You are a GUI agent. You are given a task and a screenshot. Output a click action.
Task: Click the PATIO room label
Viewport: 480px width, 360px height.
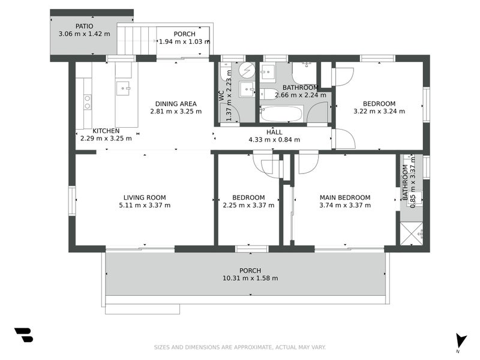85,26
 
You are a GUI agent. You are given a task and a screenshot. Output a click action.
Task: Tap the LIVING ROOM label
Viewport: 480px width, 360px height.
145,198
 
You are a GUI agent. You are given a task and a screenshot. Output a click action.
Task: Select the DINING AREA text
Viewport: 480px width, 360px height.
176,104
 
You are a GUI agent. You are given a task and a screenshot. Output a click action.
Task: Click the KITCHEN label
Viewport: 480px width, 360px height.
106,131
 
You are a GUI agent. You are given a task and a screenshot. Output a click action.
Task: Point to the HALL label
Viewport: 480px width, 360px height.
274,132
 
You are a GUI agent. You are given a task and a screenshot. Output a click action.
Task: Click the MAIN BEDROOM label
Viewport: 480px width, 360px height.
346,198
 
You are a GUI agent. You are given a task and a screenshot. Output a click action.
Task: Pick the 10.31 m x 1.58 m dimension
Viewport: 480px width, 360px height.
250,278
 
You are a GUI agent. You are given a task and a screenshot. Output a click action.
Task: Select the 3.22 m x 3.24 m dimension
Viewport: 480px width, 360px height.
379,112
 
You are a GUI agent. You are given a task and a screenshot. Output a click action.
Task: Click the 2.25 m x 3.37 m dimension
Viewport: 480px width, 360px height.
248,205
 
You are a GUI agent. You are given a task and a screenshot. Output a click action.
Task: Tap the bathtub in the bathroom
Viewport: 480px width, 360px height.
281,113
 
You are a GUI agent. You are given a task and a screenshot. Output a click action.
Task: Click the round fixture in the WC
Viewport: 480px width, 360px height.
247,70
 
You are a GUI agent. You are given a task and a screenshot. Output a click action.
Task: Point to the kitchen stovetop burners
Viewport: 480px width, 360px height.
88,102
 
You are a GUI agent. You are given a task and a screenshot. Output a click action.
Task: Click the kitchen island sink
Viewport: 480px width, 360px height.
124,88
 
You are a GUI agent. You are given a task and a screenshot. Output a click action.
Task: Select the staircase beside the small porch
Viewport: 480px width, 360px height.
137,40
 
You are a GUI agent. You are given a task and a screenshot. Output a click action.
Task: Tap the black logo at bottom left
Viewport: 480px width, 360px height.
24,335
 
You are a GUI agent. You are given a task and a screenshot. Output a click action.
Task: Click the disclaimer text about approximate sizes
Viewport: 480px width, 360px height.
239,347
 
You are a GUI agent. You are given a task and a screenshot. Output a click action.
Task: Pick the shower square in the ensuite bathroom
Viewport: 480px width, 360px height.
412,234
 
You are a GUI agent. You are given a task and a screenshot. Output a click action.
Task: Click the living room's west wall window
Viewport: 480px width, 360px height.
72,200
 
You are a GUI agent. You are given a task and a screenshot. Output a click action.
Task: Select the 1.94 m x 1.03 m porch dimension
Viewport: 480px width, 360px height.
184,41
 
